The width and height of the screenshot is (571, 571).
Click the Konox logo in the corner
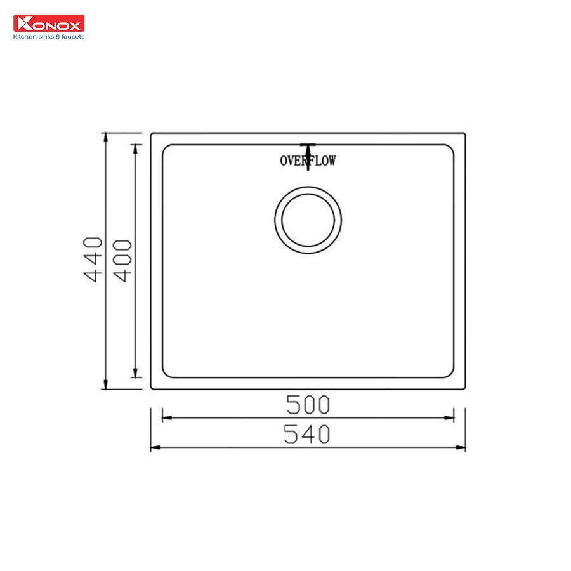point(49,23)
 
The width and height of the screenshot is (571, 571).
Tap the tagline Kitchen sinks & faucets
point(49,37)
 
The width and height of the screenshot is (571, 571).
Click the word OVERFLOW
point(308,161)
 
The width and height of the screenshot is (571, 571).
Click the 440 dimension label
point(94,259)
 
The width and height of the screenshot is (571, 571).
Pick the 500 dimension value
point(308,404)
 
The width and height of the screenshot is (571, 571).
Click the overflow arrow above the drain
point(308,152)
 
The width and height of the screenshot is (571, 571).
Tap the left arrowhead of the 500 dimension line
point(166,418)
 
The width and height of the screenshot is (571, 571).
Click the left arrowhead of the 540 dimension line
point(154,447)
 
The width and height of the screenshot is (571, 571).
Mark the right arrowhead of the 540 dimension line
point(462,447)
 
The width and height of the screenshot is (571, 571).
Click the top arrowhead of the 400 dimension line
point(135,148)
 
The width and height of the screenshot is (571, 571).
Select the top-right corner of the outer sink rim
point(464,133)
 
